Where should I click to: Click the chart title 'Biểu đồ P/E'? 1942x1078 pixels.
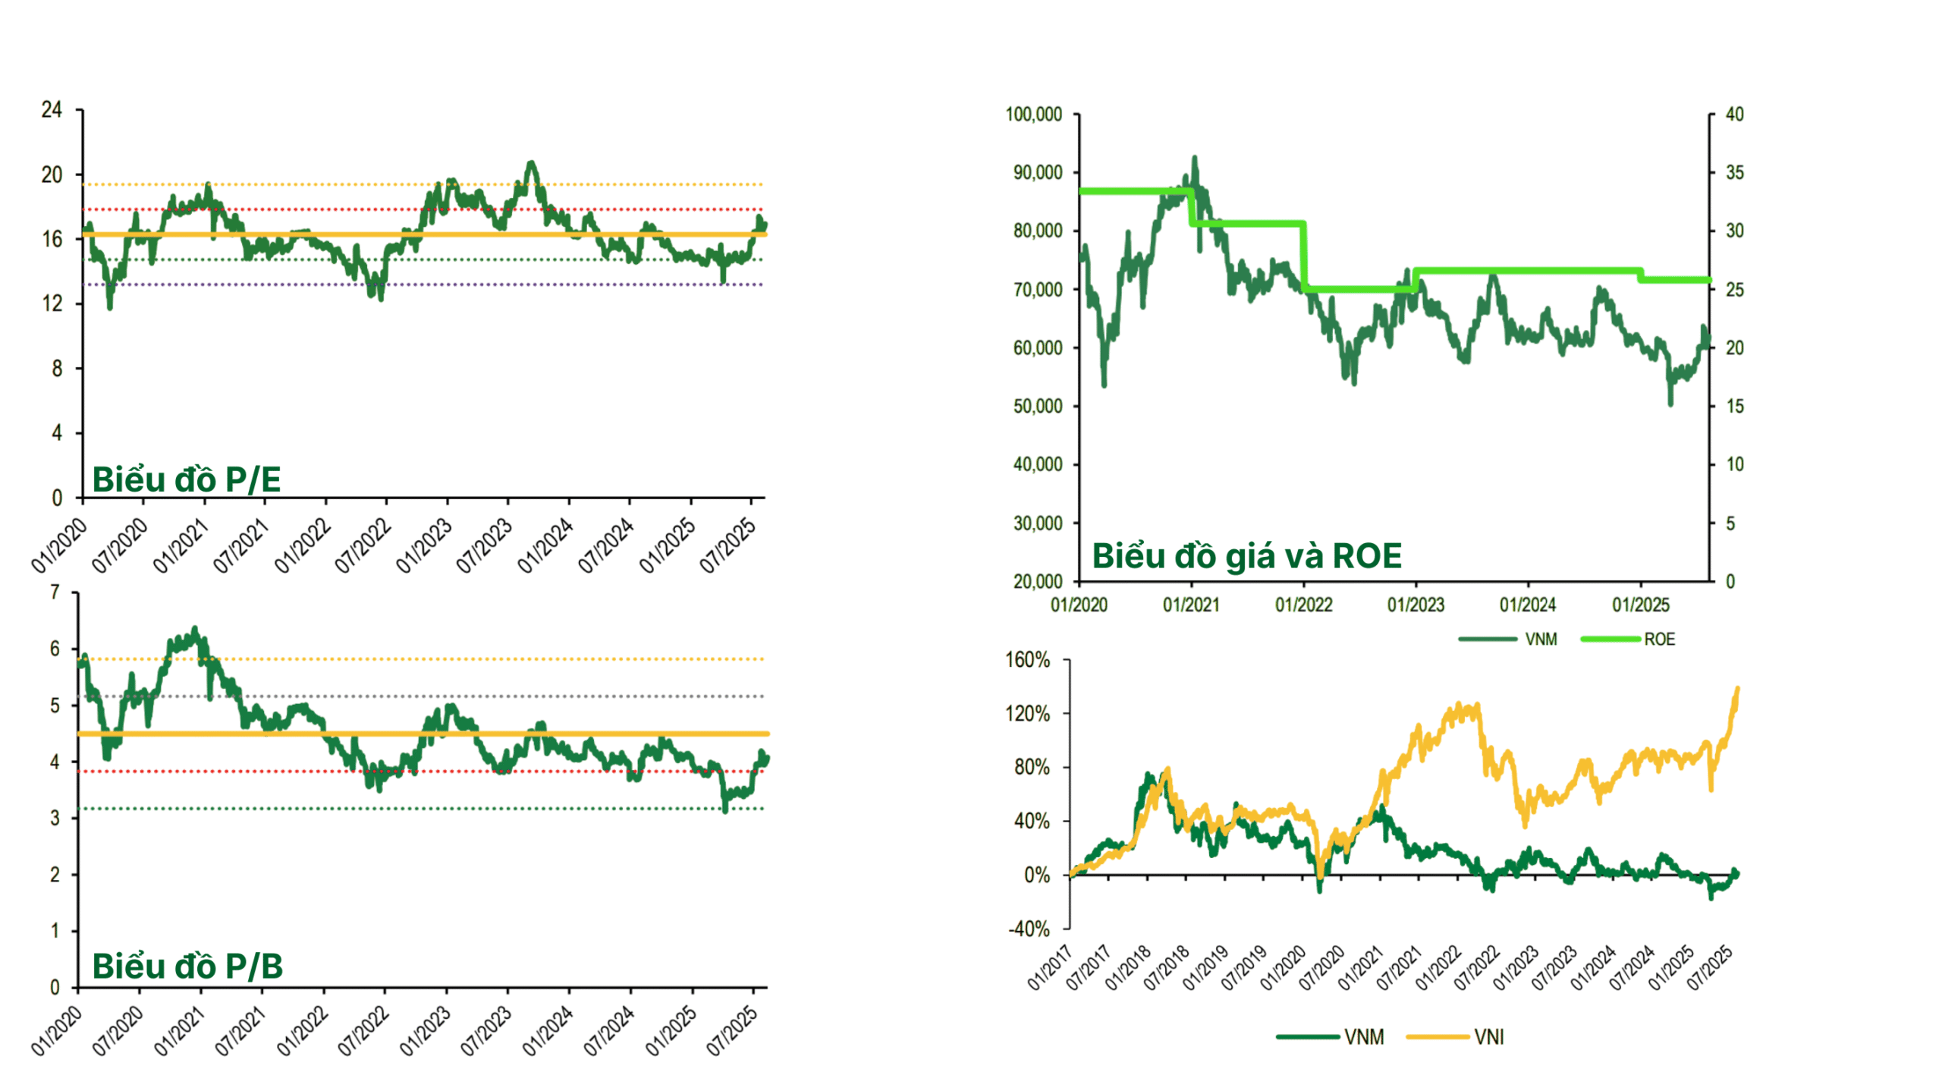[x=186, y=479]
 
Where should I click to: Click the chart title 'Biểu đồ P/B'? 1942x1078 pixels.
[x=187, y=966]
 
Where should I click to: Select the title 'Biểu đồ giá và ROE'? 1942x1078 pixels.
[x=1246, y=556]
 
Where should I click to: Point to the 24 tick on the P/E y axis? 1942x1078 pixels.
[x=52, y=110]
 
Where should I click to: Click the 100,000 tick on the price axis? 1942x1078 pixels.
[x=1033, y=115]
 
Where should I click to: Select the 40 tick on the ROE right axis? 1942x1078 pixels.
[x=1734, y=115]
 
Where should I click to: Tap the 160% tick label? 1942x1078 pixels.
[x=1027, y=660]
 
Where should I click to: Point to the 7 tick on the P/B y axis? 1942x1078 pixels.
[x=55, y=592]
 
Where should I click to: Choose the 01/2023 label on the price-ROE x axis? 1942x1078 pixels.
[x=1416, y=605]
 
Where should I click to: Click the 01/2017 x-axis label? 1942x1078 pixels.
[x=1049, y=968]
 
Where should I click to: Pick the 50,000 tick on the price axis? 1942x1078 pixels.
[x=1037, y=406]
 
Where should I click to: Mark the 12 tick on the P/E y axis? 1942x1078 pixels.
[x=52, y=303]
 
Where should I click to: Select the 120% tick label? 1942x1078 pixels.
[x=1027, y=714]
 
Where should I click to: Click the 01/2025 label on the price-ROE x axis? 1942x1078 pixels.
[x=1640, y=605]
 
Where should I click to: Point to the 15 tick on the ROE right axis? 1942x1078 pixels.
[x=1734, y=406]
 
